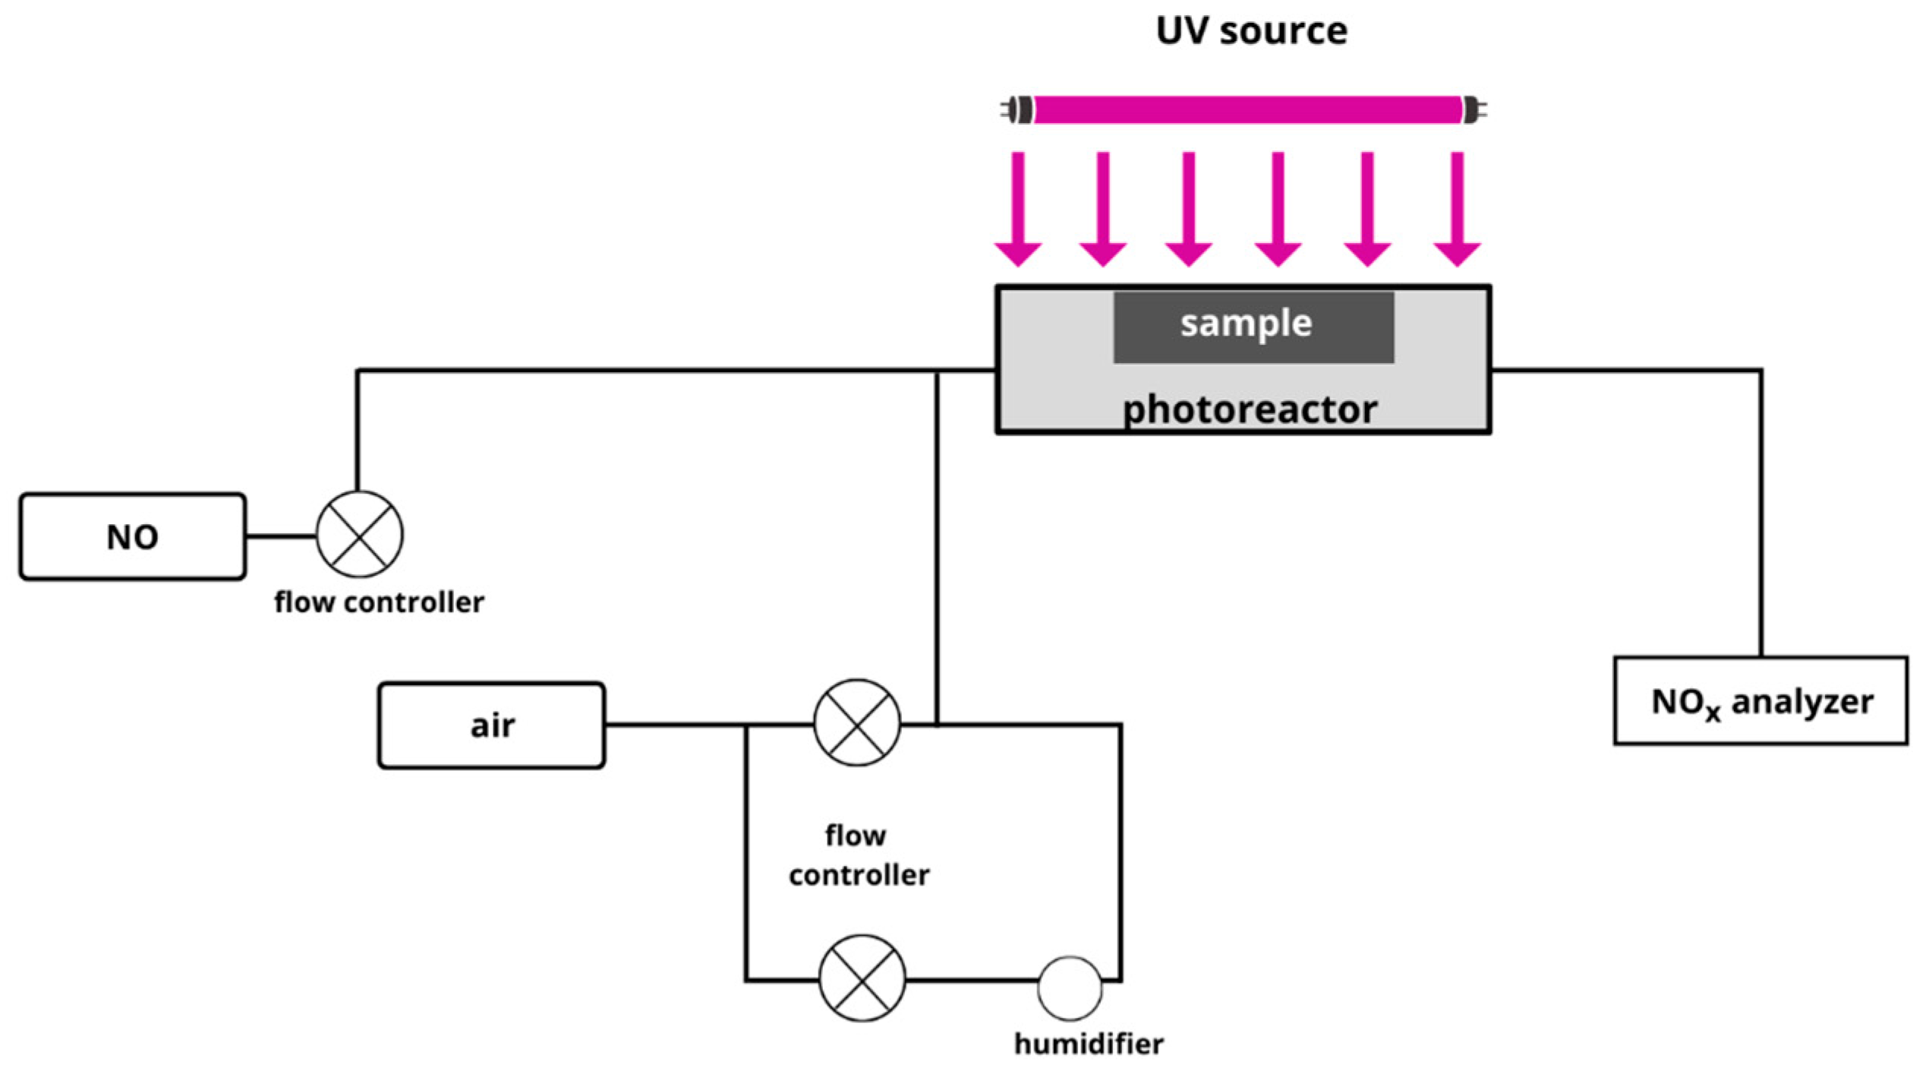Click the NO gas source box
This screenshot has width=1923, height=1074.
(133, 537)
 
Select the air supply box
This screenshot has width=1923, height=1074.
(491, 725)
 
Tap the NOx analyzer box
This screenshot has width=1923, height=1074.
(1761, 701)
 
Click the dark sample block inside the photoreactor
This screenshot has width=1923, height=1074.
(1253, 327)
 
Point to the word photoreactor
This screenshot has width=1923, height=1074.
(1250, 410)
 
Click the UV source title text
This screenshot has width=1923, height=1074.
(1251, 31)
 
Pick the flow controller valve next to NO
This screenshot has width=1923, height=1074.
(359, 535)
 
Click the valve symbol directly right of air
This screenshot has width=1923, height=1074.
(857, 722)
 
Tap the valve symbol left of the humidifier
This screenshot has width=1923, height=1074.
(862, 978)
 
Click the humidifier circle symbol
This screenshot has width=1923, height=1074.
(1070, 987)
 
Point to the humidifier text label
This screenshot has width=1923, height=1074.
(1089, 1044)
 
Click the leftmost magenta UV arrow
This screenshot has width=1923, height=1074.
(1018, 209)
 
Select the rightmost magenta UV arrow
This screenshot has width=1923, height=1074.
(1457, 209)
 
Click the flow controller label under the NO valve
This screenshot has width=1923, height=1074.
(379, 603)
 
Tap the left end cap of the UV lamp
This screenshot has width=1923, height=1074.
(1019, 110)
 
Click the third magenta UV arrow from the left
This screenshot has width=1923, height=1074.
(1189, 209)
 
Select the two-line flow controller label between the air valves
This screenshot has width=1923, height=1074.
(859, 856)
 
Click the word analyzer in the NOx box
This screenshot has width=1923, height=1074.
(1802, 702)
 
